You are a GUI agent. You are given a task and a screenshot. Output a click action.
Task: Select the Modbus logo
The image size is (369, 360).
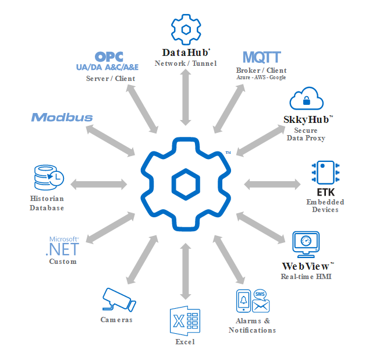[x=62, y=117]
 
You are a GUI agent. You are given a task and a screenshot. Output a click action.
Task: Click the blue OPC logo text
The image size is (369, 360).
[x=109, y=57]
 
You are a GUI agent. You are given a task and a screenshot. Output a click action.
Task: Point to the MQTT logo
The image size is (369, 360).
[x=262, y=57]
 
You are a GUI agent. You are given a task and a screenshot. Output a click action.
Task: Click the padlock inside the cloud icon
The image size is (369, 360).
[x=306, y=101]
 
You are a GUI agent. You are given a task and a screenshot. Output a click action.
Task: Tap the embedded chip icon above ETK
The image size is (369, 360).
[x=325, y=172]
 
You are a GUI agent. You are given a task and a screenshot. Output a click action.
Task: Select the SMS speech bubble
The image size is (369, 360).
[x=260, y=295]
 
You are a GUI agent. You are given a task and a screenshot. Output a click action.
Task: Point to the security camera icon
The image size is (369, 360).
[x=119, y=299]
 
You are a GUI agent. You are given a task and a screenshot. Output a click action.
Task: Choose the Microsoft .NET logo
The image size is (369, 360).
[x=63, y=246]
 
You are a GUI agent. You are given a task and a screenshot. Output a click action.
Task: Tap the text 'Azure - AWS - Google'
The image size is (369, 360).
[x=261, y=77]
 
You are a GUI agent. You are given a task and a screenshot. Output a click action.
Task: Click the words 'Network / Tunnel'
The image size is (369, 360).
[x=186, y=63]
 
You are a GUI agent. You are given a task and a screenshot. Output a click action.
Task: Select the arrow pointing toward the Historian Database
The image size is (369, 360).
[x=98, y=184]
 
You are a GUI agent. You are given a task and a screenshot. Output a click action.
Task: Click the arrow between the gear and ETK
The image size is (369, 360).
[x=272, y=184]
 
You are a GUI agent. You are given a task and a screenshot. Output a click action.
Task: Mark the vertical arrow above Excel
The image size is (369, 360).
[x=186, y=271]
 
